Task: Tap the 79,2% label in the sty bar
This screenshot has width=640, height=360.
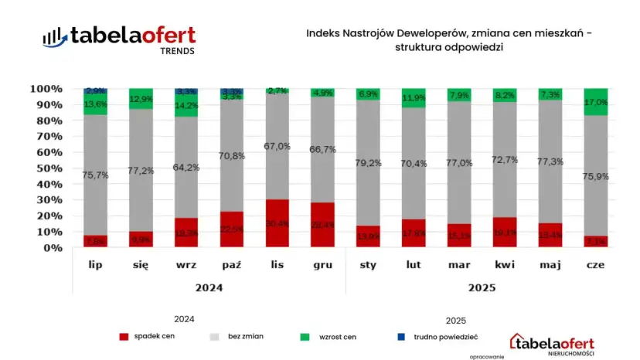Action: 369,163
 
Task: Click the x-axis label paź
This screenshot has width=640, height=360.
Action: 231,265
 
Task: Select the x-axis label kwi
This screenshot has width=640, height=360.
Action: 506,265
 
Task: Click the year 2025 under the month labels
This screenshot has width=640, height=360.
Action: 482,287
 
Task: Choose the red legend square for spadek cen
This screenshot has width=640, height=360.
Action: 123,337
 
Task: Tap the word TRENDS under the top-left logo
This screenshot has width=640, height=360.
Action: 177,51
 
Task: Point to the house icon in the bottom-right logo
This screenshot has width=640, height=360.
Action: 519,341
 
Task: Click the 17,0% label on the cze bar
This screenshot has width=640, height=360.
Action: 597,101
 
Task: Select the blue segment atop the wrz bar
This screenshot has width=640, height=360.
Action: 186,91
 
